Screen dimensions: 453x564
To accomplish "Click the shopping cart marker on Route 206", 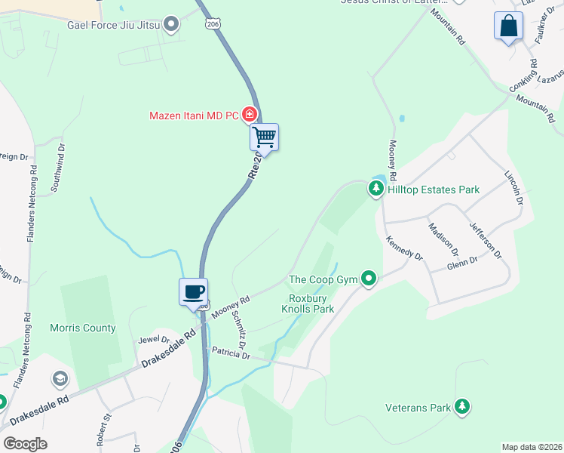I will [x=265, y=137].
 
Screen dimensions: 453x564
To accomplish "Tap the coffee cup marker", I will [x=193, y=291].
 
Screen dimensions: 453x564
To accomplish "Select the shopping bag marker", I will [x=509, y=26].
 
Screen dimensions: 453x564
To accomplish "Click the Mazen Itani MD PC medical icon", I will [x=249, y=115].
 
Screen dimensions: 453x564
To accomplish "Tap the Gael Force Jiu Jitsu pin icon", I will [x=172, y=25].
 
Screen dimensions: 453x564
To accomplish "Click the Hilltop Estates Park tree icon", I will [x=375, y=190].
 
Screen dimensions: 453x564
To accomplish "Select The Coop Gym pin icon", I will [x=368, y=279].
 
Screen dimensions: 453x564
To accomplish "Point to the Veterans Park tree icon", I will [x=461, y=408].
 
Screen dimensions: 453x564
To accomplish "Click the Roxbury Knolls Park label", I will [x=308, y=304].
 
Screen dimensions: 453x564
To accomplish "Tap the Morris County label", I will [x=83, y=328].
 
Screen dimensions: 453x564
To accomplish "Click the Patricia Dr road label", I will [x=231, y=353].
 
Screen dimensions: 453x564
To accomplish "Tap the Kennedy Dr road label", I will [x=404, y=248].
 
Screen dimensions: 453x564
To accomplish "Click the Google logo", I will [x=25, y=444].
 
